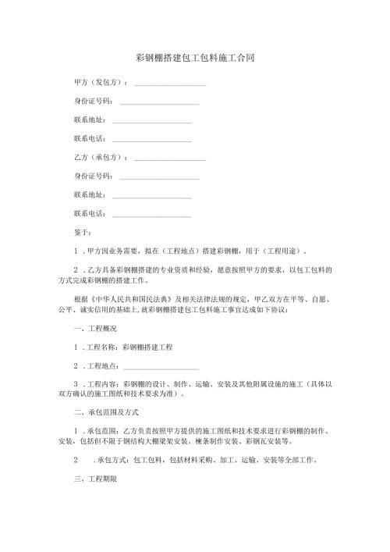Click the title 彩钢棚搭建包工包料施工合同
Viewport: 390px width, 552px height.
194,58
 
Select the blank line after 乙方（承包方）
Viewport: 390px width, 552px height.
170,158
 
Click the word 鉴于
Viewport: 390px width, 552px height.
82,232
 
